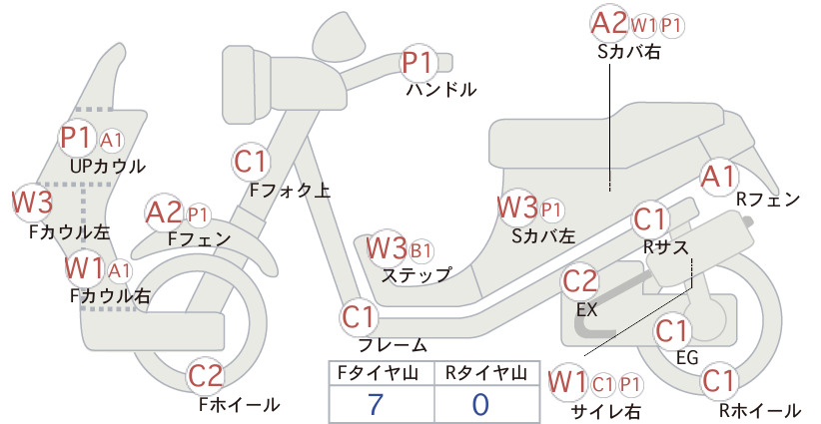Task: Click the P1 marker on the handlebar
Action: (417, 63)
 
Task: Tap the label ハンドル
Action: (441, 90)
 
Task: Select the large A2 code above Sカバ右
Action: (609, 24)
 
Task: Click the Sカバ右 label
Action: (629, 52)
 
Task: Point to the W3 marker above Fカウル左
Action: (33, 203)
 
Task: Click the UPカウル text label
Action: (108, 167)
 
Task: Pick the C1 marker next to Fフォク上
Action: (251, 162)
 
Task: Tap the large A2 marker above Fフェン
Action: (164, 213)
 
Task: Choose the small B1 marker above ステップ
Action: (420, 251)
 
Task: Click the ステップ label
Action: (416, 275)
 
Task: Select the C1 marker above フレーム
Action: (359, 317)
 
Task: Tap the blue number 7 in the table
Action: (376, 404)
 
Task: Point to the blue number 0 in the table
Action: (480, 404)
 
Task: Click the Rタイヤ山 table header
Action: (486, 373)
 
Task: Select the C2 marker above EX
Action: (579, 281)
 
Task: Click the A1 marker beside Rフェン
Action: (719, 177)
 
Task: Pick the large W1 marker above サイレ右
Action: (567, 382)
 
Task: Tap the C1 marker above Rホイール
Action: (719, 381)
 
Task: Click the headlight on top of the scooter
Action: (340, 32)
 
